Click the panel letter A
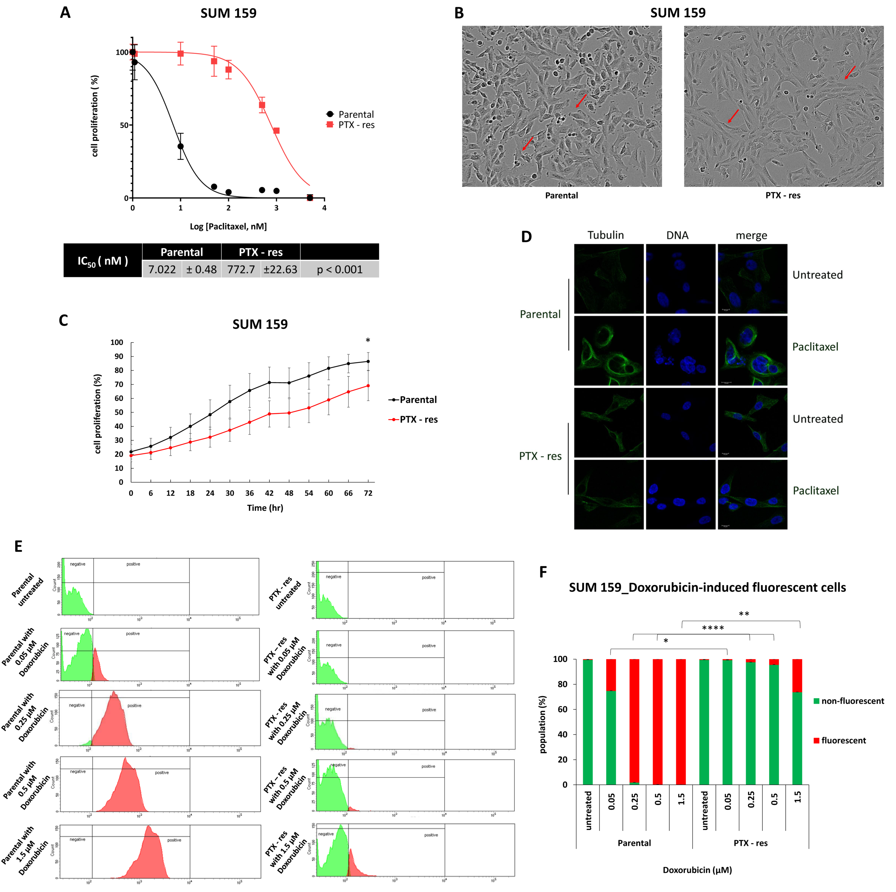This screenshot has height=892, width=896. click(65, 12)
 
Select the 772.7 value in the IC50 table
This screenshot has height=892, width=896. click(241, 269)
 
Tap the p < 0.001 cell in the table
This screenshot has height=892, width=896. click(340, 269)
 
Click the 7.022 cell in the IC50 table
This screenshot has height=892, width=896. click(162, 269)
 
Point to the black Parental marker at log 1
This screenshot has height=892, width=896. click(180, 147)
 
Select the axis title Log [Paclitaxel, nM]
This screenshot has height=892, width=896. click(228, 226)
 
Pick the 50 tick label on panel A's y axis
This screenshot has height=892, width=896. click(124, 125)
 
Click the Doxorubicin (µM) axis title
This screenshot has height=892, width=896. click(697, 870)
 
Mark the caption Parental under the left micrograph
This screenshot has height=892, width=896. click(561, 195)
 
